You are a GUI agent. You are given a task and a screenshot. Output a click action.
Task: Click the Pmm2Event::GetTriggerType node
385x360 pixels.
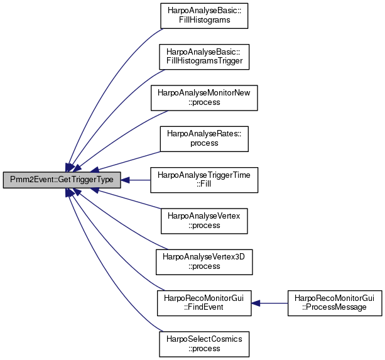coord(62,180)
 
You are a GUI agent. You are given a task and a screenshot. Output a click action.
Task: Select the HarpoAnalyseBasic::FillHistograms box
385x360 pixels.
coord(204,16)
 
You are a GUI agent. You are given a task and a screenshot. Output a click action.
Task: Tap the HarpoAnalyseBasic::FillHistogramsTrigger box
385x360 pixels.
coord(204,57)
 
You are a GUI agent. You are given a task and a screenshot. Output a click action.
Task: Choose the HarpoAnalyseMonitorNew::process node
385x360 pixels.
coord(204,98)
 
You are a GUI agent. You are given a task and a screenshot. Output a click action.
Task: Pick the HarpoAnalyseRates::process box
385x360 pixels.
coord(204,139)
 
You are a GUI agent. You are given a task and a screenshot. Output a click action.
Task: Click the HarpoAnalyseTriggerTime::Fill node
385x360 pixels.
coord(204,180)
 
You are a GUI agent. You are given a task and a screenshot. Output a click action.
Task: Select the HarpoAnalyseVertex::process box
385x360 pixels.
coord(204,221)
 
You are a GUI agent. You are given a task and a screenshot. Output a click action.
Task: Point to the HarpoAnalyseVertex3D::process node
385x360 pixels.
coord(204,262)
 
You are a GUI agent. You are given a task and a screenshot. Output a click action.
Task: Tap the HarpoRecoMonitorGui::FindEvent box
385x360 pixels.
coord(204,303)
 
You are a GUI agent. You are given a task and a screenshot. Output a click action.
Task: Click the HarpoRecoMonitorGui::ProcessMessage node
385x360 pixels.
coord(335,303)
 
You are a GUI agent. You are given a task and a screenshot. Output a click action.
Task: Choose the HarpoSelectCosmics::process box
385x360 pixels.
coord(204,344)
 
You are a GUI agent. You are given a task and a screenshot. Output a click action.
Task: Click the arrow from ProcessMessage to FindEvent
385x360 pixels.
coord(269,303)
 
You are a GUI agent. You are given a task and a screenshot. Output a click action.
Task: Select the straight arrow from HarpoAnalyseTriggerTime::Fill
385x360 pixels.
coord(136,180)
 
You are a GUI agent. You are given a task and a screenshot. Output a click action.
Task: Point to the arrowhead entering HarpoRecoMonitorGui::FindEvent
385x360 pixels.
coord(256,303)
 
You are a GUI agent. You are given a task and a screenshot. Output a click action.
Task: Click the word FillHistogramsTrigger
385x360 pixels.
coord(205,61)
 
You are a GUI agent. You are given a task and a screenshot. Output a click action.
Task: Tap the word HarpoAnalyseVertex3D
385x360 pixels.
coord(203,257)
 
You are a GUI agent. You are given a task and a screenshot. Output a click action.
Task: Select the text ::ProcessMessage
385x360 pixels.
coord(334,307)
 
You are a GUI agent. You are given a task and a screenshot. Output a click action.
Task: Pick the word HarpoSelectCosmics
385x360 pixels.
coord(204,339)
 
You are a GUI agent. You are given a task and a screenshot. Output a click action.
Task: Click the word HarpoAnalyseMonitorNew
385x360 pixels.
coord(204,93)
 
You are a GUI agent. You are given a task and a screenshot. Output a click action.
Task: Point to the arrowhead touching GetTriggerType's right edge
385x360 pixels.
coord(125,180)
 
